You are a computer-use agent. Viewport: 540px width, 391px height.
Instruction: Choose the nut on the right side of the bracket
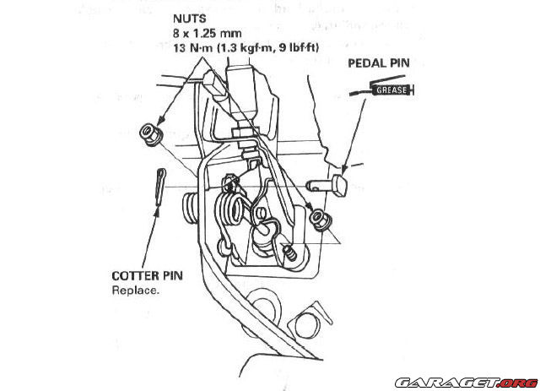click(x=319, y=220)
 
